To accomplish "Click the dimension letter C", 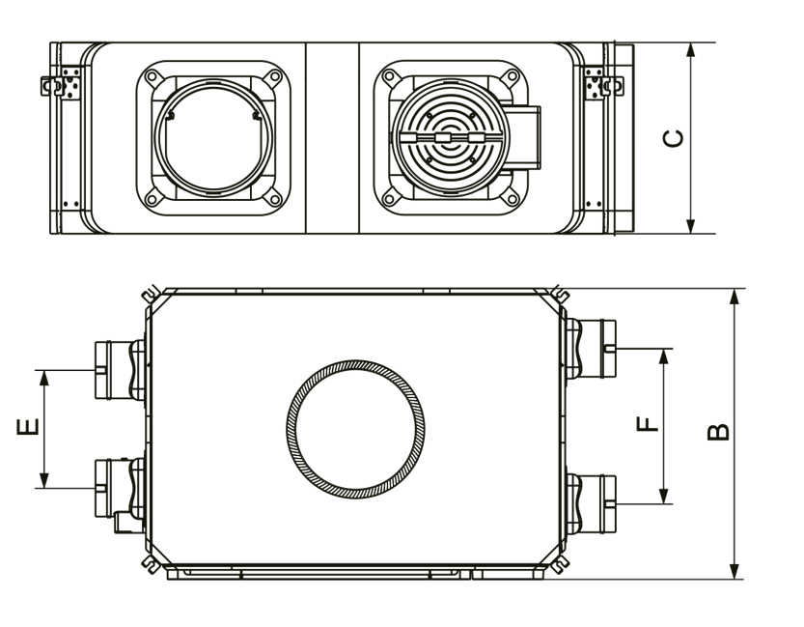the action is [x=674, y=138].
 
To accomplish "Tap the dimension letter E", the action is [x=28, y=427].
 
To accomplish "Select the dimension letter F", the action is [x=647, y=424].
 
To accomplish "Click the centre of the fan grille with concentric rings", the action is [x=451, y=138].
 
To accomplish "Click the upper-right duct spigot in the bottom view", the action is [x=591, y=349].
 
